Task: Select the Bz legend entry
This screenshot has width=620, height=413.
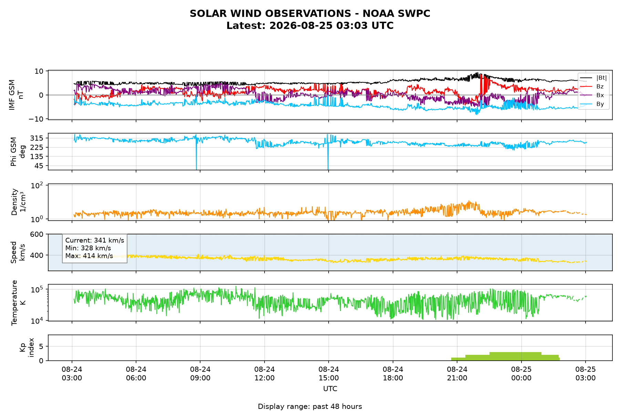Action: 592,86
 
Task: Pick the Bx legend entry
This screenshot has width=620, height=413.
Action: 592,95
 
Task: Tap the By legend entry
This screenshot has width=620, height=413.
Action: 592,104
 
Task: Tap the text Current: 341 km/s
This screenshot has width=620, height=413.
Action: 94,241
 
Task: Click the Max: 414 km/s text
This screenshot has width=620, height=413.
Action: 89,256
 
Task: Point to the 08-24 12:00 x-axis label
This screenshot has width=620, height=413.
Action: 265,373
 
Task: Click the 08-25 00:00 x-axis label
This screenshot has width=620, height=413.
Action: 521,373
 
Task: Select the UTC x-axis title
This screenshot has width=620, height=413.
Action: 330,389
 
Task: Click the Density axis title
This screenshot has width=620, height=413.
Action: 18,202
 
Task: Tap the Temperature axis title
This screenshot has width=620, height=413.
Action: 18,303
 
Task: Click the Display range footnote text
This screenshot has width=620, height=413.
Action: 310,406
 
